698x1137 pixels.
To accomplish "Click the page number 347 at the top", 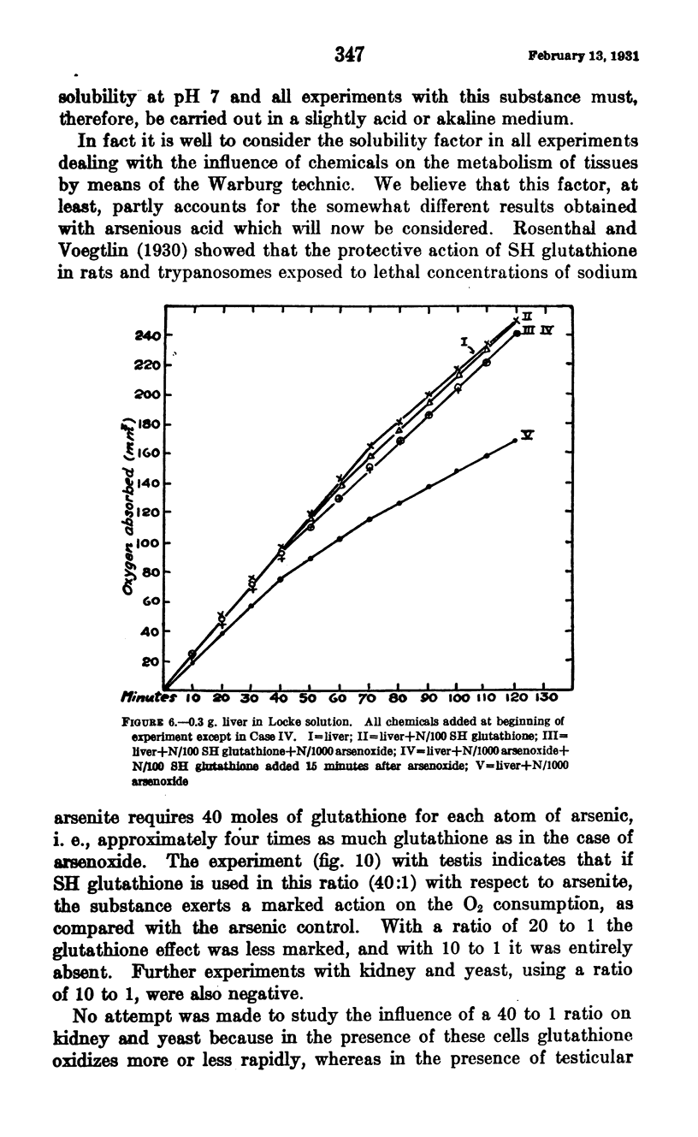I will click(350, 55).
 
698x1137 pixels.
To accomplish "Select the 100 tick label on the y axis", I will click(148, 543).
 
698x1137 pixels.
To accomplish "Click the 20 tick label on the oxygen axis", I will click(151, 661).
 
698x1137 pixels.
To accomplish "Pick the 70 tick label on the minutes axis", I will click(368, 696).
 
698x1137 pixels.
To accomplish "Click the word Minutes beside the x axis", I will click(146, 696).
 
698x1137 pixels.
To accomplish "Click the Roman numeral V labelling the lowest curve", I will click(529, 435).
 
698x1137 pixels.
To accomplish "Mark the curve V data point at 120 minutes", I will click(515, 441).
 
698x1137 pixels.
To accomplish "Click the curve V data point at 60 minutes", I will click(340, 539).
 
